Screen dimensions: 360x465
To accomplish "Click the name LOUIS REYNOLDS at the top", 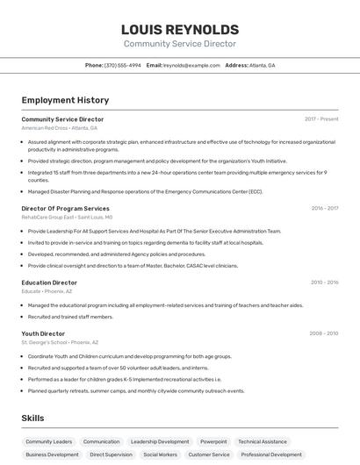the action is pos(179,29).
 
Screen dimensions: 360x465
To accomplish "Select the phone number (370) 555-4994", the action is pos(123,65).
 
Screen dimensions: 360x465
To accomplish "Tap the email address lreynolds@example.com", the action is pos(191,65).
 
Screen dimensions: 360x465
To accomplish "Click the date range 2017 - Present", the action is pos(321,118).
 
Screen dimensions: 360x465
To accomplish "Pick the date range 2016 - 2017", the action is pos(324,208).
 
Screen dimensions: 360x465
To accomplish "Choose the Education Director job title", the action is pos(49,283).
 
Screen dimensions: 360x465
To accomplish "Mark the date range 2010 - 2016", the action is pos(324,283).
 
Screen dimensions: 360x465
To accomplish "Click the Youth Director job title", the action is pos(43,333).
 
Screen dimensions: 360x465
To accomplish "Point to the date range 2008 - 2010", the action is pos(324,333).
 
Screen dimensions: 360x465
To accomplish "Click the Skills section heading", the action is pos(32,418).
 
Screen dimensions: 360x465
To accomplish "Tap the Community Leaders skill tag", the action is pos(49,441).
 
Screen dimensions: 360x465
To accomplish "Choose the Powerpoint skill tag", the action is pos(213,441).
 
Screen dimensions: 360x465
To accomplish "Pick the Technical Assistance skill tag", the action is pos(263,441).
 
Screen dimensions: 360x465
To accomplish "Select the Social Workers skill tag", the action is pos(161,454).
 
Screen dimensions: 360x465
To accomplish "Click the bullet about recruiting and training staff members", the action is pos(70,317).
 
